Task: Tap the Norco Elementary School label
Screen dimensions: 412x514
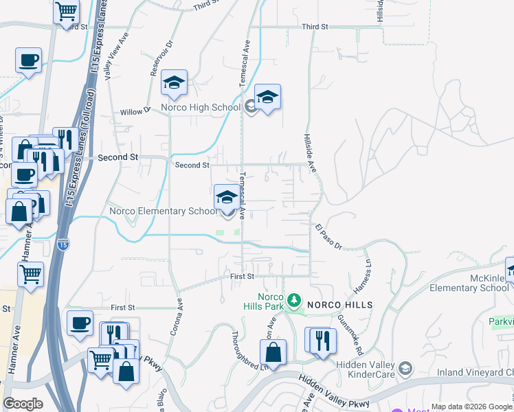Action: [163, 211]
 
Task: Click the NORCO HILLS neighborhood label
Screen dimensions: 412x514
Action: [339, 304]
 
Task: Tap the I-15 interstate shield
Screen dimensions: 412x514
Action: [63, 244]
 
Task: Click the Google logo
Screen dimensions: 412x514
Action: [23, 403]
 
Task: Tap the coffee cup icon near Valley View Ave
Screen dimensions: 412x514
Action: [29, 60]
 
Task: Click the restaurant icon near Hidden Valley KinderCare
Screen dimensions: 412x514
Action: [322, 341]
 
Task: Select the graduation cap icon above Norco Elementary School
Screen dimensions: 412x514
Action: [227, 198]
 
